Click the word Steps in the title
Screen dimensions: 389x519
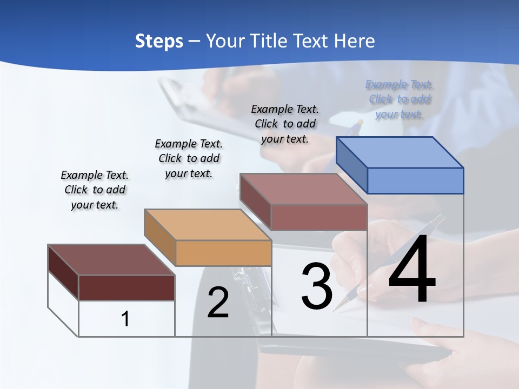tap(159, 41)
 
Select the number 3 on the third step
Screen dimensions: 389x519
tap(317, 287)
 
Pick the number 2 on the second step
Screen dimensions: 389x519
tap(218, 303)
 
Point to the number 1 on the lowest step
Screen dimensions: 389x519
tap(125, 319)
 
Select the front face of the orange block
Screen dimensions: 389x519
tap(223, 253)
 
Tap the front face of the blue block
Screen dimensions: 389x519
tap(415, 180)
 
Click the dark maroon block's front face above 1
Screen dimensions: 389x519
tap(127, 287)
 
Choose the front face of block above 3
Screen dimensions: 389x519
tap(319, 217)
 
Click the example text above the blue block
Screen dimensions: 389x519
tap(400, 99)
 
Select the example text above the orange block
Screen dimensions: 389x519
tap(189, 158)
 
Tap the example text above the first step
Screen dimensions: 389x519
tap(95, 190)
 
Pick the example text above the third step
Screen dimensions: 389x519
tap(285, 124)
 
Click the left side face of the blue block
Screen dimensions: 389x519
tap(351, 165)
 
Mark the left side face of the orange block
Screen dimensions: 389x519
tap(159, 237)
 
